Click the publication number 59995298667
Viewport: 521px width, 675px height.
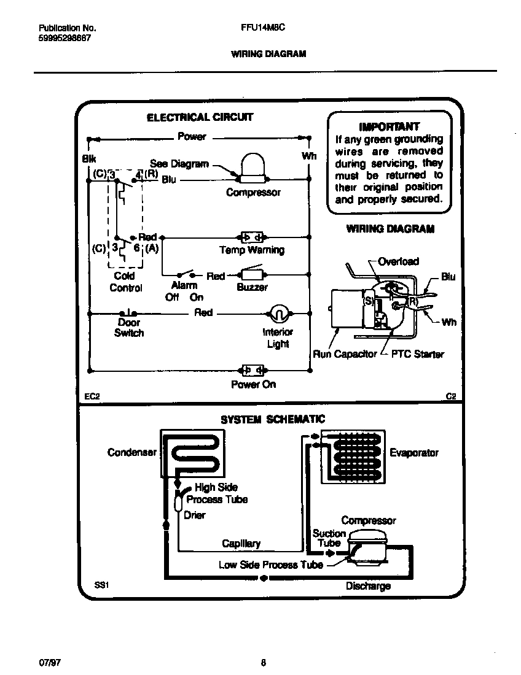(65, 38)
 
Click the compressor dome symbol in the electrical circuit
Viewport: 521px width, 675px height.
(251, 167)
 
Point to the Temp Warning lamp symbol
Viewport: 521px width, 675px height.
(251, 237)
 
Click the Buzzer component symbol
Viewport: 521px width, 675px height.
(251, 274)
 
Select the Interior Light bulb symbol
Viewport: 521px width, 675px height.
(278, 314)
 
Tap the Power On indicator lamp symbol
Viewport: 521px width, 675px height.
(253, 370)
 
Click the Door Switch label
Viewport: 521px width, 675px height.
(129, 328)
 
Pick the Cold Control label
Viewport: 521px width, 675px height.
(125, 282)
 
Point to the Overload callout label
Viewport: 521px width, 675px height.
(398, 261)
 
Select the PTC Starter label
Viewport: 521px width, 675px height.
(417, 354)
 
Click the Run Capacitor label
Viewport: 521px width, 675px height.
(345, 354)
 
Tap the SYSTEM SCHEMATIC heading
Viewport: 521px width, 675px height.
(273, 420)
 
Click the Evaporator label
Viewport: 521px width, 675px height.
(414, 453)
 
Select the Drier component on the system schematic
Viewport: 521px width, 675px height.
(178, 503)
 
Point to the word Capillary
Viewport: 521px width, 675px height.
(241, 544)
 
